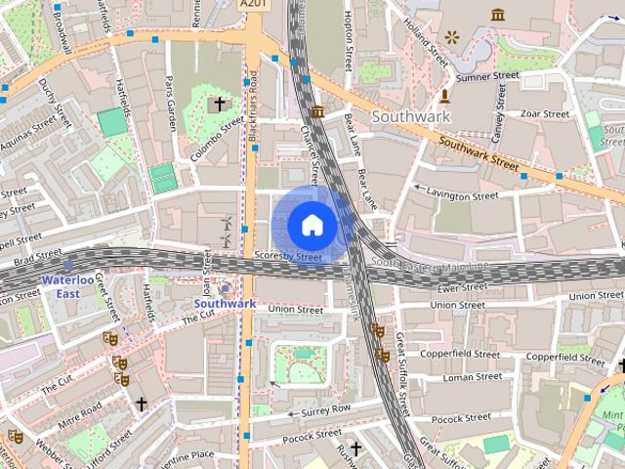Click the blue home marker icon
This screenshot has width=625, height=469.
[x=312, y=225]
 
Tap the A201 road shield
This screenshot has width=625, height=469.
[x=253, y=5]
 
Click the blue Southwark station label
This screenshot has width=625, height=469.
[x=225, y=304]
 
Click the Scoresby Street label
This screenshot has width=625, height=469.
[x=287, y=257]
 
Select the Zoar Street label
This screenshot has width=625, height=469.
[x=545, y=114]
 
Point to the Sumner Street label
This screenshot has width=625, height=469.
[x=488, y=76]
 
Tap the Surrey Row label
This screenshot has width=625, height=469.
[x=326, y=408]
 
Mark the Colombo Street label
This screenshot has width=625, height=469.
[x=219, y=140]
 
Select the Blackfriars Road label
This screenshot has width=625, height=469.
[x=253, y=107]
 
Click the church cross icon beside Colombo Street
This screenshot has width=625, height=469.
[x=220, y=103]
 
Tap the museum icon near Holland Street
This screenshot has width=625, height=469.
[x=498, y=15]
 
